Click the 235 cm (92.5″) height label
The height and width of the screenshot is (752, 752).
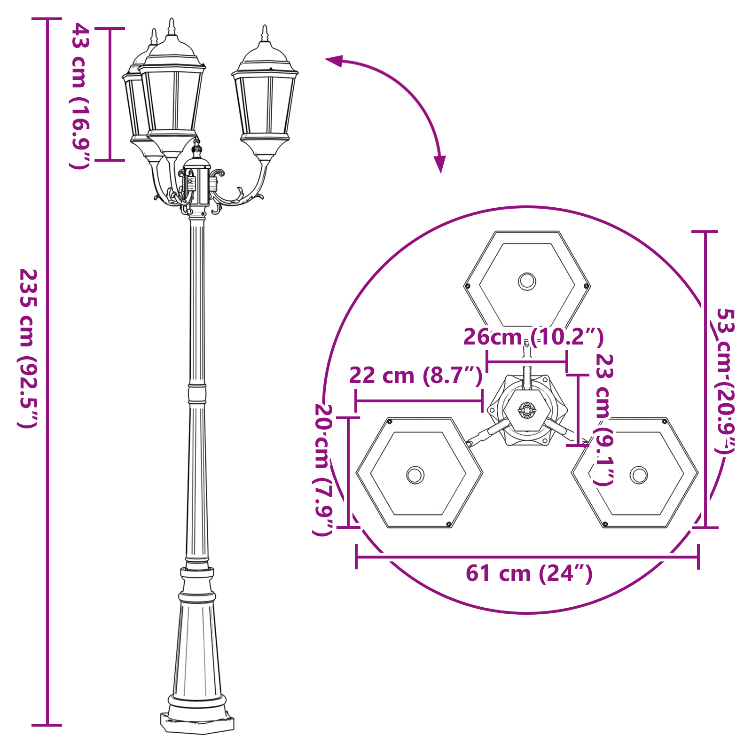[x=28, y=348]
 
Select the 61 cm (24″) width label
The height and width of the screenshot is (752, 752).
[x=529, y=573]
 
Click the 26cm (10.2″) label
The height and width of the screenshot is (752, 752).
[x=533, y=337]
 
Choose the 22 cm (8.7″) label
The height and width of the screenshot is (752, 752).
[x=415, y=376]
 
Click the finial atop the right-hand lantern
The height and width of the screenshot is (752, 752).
[x=265, y=34]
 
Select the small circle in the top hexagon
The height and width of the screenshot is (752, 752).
[x=527, y=282]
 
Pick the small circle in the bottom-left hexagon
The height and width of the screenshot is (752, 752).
[x=415, y=475]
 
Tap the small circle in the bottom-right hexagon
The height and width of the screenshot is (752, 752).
[x=639, y=475]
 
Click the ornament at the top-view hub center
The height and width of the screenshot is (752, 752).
[x=527, y=410]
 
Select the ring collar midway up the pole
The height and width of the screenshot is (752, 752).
[x=197, y=393]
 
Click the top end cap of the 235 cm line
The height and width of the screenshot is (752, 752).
[x=47, y=19]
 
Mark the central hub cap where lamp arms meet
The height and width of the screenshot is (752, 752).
[x=197, y=162]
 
